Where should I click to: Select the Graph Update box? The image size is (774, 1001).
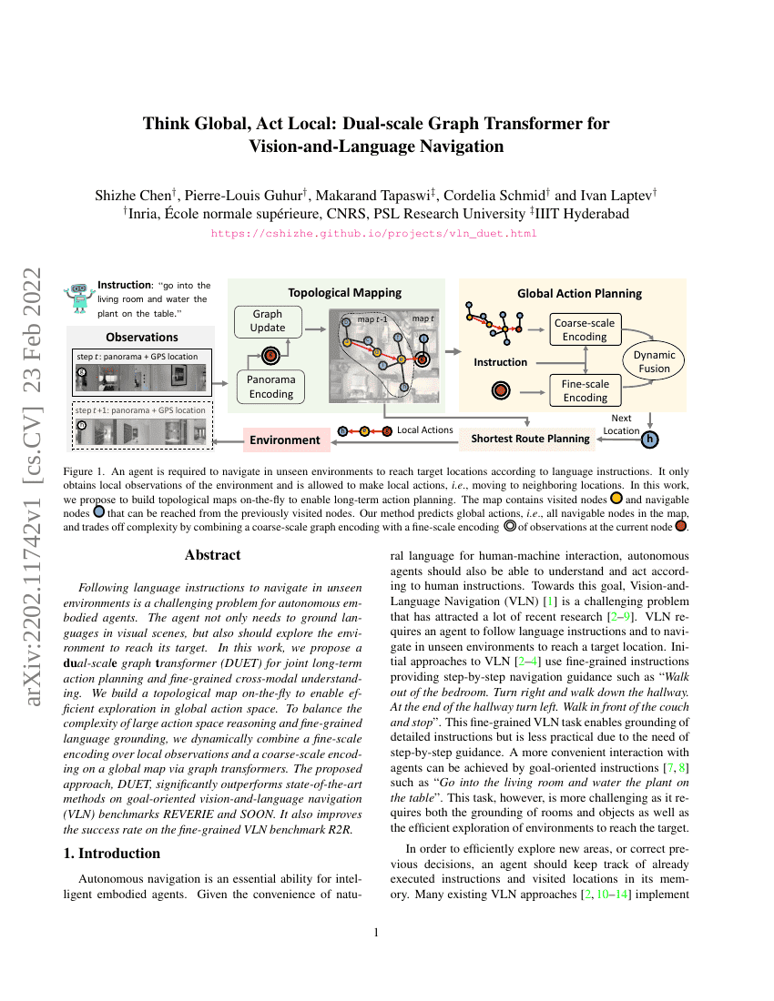(x=268, y=320)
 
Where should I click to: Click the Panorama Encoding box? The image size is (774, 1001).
(x=271, y=387)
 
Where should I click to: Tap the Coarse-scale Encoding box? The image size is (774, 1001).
(x=584, y=329)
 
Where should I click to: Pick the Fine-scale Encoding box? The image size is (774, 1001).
(x=585, y=390)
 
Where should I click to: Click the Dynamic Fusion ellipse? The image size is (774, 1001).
(x=654, y=362)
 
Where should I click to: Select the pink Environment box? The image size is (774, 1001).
(x=285, y=440)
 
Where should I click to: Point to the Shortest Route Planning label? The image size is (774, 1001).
(x=530, y=439)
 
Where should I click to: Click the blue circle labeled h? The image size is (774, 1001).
(x=649, y=440)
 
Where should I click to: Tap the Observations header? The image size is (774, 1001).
(x=141, y=338)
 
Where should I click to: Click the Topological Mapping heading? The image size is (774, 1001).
(x=344, y=293)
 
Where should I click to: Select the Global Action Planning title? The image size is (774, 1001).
(x=579, y=293)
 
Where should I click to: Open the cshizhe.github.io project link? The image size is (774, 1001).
(x=374, y=234)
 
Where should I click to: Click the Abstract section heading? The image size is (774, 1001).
(x=212, y=555)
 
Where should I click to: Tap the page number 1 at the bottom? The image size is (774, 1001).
(x=377, y=933)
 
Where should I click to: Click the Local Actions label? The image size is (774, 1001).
(x=425, y=429)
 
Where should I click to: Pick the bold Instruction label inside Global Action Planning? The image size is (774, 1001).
(x=500, y=362)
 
